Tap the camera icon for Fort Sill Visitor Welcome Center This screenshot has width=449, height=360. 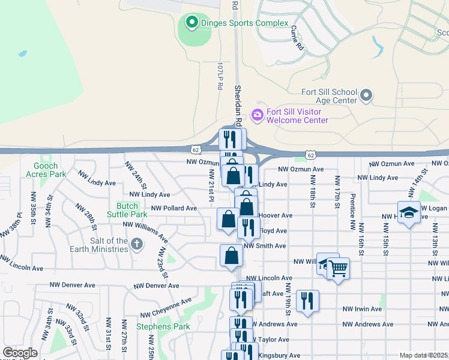[258, 114]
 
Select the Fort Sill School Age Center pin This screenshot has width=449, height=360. [366, 95]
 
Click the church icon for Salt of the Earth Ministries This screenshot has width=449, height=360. [137, 244]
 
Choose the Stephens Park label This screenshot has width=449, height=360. [163, 326]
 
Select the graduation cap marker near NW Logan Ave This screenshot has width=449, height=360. [409, 214]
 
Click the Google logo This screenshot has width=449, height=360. [20, 353]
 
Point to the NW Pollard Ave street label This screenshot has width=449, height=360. [174, 208]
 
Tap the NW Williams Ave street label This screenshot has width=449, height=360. [146, 225]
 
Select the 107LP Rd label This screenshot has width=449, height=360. [220, 76]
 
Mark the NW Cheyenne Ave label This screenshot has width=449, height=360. [166, 307]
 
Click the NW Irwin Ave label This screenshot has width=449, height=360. [362, 309]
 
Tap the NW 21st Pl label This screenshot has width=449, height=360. [211, 185]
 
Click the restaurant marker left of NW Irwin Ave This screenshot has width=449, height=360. [307, 301]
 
